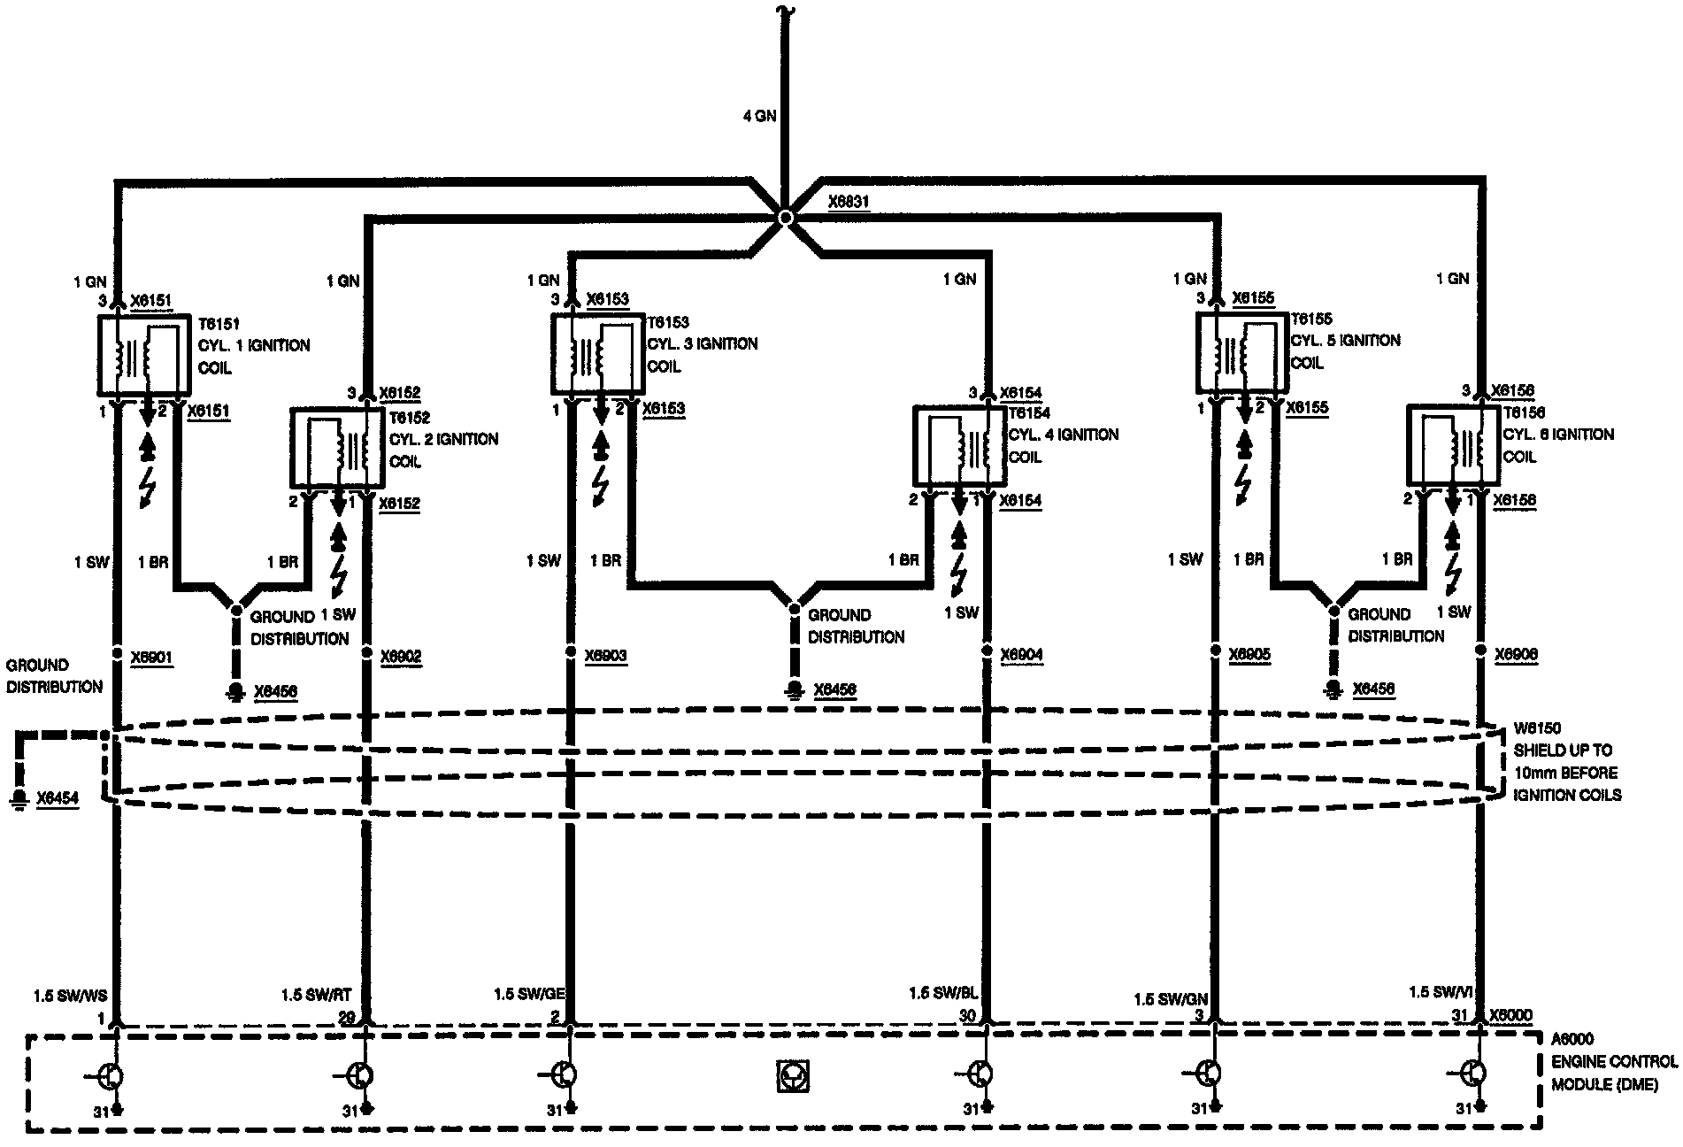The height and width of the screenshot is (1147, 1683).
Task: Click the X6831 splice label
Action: click(849, 203)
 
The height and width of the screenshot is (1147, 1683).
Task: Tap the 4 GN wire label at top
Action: click(759, 115)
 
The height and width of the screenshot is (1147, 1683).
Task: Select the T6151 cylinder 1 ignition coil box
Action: click(142, 356)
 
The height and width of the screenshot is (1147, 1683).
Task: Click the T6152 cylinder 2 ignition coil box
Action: click(337, 448)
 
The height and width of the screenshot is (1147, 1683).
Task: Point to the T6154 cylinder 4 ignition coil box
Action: click(959, 447)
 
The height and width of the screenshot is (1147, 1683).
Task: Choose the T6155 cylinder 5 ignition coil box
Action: click(1241, 352)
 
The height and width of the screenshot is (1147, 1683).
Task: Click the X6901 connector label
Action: click(151, 658)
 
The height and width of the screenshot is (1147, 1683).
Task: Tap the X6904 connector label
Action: click(1021, 656)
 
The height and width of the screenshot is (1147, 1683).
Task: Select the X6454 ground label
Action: click(58, 798)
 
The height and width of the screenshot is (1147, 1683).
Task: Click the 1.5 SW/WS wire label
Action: click(70, 997)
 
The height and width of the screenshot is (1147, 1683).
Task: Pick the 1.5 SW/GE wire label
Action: click(529, 994)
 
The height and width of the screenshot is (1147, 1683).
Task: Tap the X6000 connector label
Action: click(1510, 1015)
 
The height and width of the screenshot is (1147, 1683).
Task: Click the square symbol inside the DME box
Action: click(794, 1076)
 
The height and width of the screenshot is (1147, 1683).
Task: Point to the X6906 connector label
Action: click(1516, 655)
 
